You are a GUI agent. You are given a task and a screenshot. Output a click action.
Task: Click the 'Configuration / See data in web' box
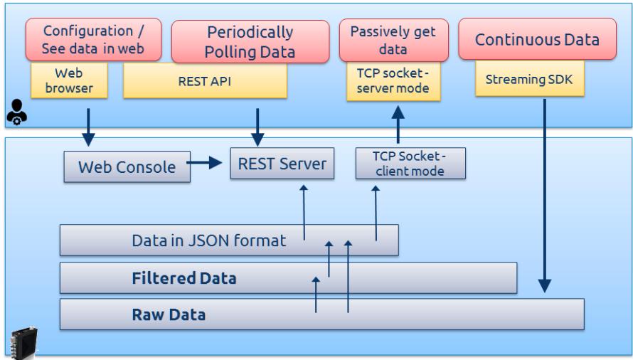click(94, 40)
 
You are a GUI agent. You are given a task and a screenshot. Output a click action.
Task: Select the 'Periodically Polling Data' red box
click(250, 41)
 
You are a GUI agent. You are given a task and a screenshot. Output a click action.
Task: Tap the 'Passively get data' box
click(393, 40)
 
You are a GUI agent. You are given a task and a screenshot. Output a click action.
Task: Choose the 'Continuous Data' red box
click(537, 39)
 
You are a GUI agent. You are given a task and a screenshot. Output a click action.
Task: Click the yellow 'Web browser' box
click(69, 80)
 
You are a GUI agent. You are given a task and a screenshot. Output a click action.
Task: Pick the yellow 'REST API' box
click(205, 81)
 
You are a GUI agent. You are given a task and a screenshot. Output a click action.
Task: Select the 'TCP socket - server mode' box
click(393, 81)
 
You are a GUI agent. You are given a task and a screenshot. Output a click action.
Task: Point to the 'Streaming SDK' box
click(530, 79)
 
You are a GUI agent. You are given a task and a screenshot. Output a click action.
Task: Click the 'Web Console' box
click(127, 166)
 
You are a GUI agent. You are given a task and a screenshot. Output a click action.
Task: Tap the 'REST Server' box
click(282, 163)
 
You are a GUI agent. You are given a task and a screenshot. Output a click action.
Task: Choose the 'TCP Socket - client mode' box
click(410, 163)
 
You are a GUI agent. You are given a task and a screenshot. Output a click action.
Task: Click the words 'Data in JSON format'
click(208, 240)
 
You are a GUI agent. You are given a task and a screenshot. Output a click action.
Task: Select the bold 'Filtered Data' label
click(184, 278)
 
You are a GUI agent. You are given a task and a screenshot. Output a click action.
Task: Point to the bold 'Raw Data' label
click(169, 314)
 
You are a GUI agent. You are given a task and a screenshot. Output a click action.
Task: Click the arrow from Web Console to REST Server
click(204, 163)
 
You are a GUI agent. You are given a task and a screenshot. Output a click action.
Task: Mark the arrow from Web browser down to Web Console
click(88, 127)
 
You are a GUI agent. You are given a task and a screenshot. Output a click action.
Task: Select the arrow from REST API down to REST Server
click(257, 127)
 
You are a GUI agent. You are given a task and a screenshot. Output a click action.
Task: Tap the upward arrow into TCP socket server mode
click(398, 125)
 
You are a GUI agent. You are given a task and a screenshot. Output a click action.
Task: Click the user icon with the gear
click(16, 112)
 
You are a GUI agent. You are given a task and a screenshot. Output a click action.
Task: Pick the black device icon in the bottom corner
click(23, 343)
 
